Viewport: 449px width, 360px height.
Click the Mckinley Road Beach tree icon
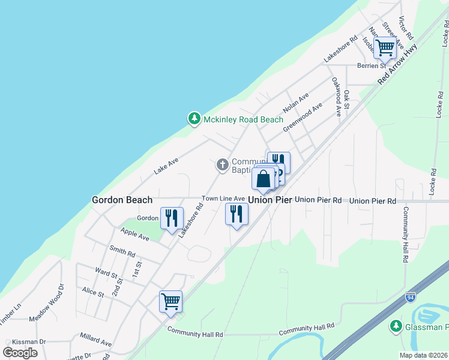click(x=194, y=119)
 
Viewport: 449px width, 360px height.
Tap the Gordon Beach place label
click(x=122, y=200)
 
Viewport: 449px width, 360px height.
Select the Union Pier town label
click(x=270, y=200)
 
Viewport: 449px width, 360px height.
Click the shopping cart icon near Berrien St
click(x=385, y=47)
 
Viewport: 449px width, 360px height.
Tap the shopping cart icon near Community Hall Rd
click(x=170, y=301)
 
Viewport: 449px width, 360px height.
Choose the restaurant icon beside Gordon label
click(x=172, y=217)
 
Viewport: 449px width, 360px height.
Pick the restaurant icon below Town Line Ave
click(x=237, y=214)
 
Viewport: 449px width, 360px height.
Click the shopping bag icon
click(x=264, y=178)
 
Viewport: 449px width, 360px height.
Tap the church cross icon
click(x=223, y=164)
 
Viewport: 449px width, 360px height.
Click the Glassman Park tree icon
click(x=396, y=326)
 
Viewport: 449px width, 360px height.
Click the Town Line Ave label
click(x=223, y=199)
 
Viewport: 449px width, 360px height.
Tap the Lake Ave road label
click(x=166, y=166)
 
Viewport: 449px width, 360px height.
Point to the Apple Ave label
click(x=135, y=234)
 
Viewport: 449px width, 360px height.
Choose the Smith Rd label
click(x=122, y=250)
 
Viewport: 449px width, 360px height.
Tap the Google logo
click(x=20, y=352)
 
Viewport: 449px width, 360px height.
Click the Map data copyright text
click(x=423, y=355)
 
